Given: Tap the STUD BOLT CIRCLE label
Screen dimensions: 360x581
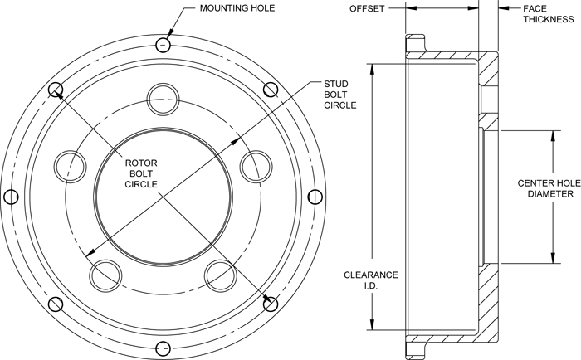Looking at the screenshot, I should point(339,95).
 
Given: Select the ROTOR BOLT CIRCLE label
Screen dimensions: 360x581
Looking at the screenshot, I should point(142,172).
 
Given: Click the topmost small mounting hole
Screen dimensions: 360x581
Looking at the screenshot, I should point(164,43).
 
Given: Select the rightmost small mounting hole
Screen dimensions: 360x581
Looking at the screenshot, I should point(315,196).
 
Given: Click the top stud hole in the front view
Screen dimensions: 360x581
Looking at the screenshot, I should point(163,100).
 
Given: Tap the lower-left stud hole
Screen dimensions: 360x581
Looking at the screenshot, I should point(105,274).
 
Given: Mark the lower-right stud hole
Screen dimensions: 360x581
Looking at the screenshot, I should point(220,274).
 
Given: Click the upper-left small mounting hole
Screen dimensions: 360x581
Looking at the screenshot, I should point(56,89).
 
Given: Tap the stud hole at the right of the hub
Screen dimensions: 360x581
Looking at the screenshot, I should point(255,165).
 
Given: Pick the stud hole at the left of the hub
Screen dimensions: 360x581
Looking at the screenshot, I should point(70,165).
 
